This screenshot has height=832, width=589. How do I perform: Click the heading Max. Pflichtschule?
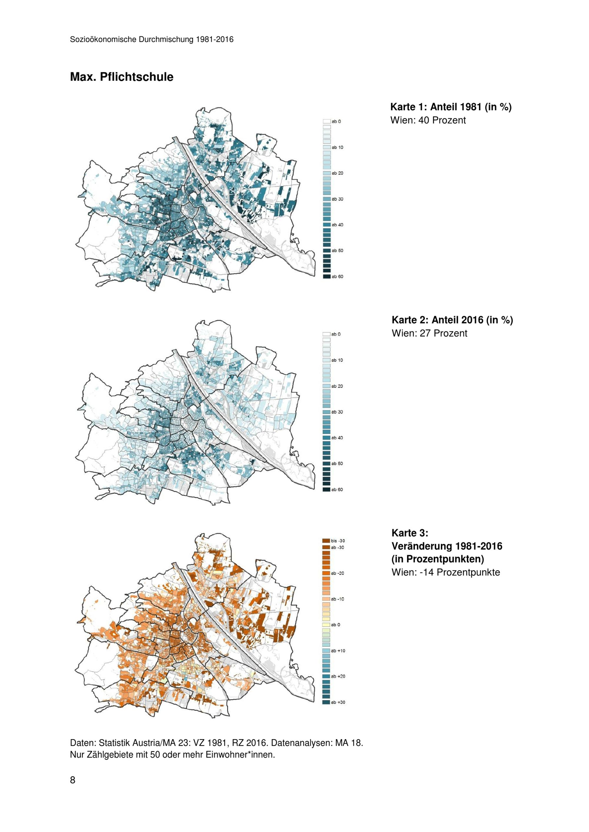(x=122, y=77)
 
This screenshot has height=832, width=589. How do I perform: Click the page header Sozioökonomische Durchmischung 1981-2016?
(x=152, y=39)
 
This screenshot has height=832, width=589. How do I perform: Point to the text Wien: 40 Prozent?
(x=428, y=120)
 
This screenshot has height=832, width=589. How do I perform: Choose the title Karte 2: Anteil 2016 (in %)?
(x=452, y=320)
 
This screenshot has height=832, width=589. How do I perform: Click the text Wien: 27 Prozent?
(x=429, y=333)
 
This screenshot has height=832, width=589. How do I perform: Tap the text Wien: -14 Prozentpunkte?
(x=445, y=572)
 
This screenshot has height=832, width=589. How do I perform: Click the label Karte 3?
(x=409, y=533)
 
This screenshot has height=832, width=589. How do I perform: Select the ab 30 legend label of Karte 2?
(x=337, y=412)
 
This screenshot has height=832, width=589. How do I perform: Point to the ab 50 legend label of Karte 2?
(x=337, y=463)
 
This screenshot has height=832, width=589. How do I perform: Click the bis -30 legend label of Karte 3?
(x=338, y=541)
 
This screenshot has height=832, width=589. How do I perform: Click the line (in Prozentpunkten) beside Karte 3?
(x=437, y=559)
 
